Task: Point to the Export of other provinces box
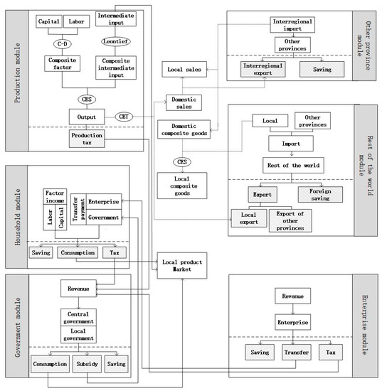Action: click(290, 220)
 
